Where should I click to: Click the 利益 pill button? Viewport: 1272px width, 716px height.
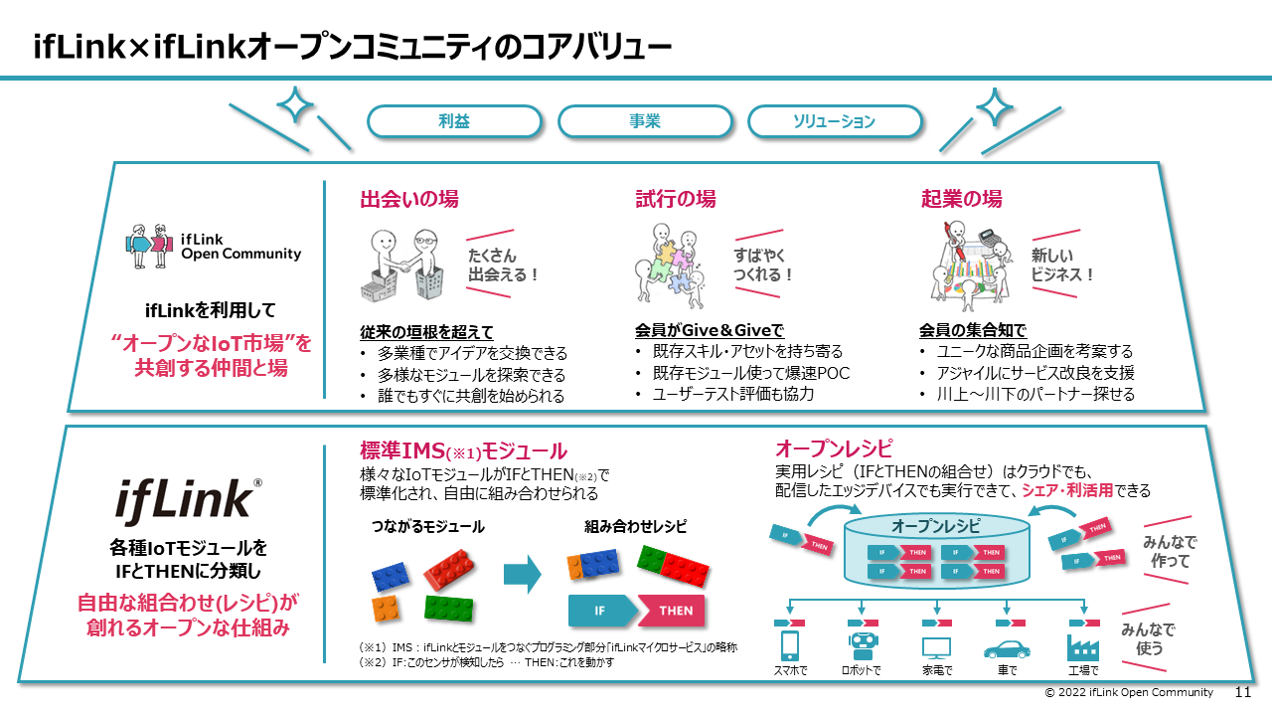point(454,121)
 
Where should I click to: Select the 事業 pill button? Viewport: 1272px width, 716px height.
point(644,121)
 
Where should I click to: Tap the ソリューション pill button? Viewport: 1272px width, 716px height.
point(834,121)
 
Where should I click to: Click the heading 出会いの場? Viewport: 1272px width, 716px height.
point(408,199)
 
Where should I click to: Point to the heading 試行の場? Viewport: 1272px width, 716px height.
point(675,199)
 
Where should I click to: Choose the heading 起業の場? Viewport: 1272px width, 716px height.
point(961,199)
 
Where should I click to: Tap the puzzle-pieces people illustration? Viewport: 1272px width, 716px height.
point(677,265)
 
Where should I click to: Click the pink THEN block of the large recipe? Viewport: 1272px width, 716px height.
point(674,611)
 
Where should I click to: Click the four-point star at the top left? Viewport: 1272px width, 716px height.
point(295,105)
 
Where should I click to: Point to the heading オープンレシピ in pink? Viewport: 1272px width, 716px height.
point(833,447)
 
